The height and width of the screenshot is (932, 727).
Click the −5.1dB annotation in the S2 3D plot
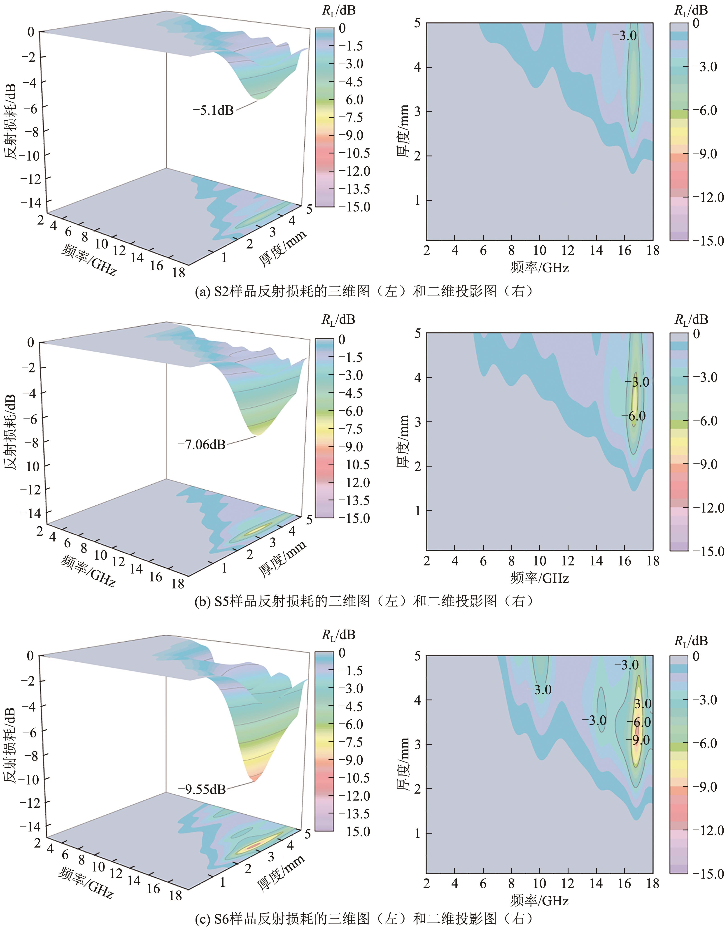pyautogui.click(x=213, y=111)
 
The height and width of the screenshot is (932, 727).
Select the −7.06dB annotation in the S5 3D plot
pyautogui.click(x=201, y=445)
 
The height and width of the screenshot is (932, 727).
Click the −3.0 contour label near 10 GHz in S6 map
pyautogui.click(x=539, y=690)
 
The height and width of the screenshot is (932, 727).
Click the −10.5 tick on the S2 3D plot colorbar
pyautogui.click(x=354, y=153)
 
